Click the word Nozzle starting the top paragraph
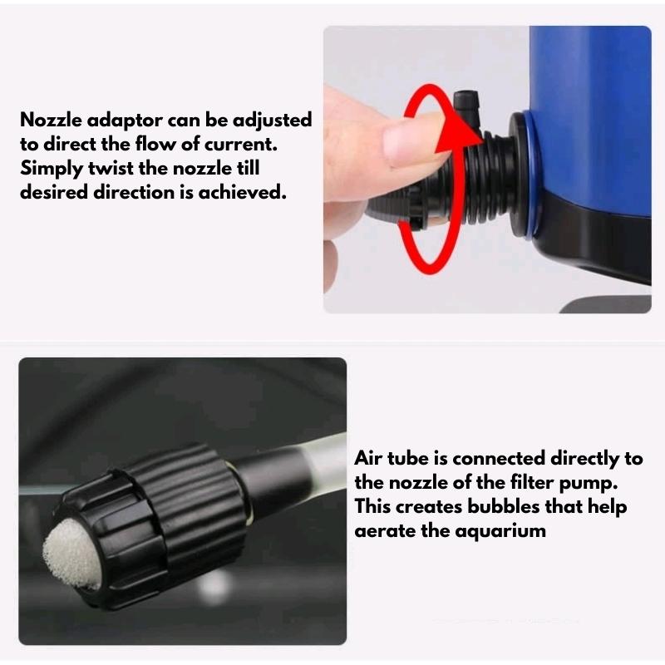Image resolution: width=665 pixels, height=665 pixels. (51, 120)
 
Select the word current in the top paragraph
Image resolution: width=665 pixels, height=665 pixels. (241, 145)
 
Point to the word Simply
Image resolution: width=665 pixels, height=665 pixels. (52, 169)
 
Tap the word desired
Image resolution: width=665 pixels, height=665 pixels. (54, 193)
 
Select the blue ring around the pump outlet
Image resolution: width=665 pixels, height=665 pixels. (532, 174)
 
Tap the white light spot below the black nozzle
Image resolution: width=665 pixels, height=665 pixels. (215, 588)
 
